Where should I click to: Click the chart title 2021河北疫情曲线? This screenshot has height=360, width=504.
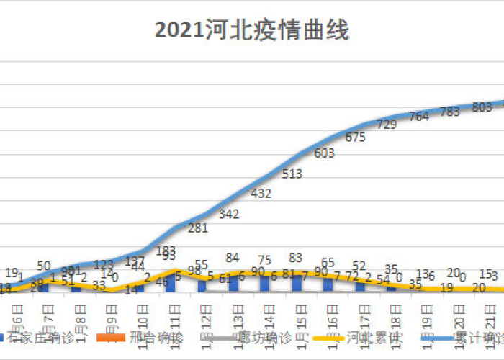pyautogui.click(x=251, y=32)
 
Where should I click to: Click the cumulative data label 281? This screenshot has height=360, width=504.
pyautogui.click(x=198, y=228)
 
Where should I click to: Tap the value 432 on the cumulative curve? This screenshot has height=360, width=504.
pyautogui.click(x=261, y=193)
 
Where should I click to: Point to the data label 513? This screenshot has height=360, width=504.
pyautogui.click(x=292, y=174)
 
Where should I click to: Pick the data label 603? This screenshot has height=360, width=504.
pyautogui.click(x=325, y=153)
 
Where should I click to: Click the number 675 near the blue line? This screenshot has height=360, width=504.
pyautogui.click(x=356, y=138)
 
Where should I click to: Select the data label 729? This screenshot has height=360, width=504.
pyautogui.click(x=387, y=125)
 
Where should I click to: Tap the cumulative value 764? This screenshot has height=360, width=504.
pyautogui.click(x=419, y=116)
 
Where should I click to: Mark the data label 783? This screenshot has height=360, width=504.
pyautogui.click(x=450, y=112)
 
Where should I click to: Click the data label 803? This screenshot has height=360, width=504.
pyautogui.click(x=481, y=107)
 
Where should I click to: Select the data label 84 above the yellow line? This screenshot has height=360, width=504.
pyautogui.click(x=232, y=258)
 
